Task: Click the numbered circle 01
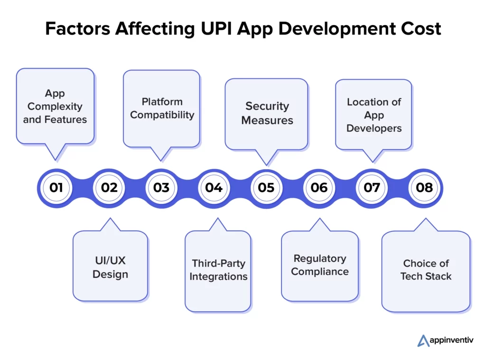pos(56,188)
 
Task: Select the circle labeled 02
pos(109,188)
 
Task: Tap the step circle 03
pos(161,188)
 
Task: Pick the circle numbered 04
pos(214,188)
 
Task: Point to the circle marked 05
pos(267,188)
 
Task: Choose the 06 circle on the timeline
pos(319,188)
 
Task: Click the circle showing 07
pos(372,188)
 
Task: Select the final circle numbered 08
pos(425,188)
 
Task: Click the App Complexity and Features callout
pos(55,106)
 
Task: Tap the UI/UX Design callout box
pos(110,267)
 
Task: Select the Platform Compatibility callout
pos(162,108)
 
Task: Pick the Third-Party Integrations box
pos(218,270)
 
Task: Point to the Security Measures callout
pos(267,113)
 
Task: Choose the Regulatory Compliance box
pos(320,266)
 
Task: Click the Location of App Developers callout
pos(374,115)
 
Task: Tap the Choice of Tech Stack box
pos(426,270)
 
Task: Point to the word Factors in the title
pos(78,29)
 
